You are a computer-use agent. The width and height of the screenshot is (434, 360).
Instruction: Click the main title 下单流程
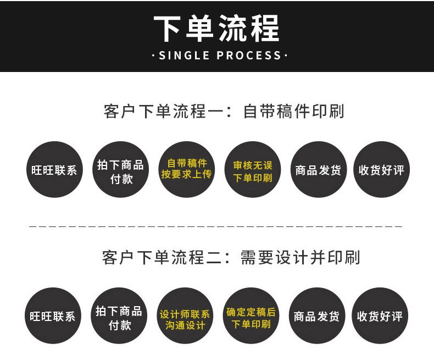tap(216, 27)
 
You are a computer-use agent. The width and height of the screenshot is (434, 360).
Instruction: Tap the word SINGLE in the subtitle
tap(184, 56)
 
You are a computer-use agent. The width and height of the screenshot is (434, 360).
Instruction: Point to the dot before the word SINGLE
tap(153, 56)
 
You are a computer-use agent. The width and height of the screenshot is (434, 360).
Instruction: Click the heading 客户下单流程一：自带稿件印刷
tap(224, 111)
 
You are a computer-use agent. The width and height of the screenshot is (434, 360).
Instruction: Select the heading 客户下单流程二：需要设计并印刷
tap(231, 257)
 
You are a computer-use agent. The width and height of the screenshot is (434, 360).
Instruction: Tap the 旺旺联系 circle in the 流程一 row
tap(54, 170)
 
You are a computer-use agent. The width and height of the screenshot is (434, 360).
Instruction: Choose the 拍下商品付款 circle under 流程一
tap(120, 170)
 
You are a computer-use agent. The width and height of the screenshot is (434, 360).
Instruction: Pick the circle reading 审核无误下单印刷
tap(252, 170)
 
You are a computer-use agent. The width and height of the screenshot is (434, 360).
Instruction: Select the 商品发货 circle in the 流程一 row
tap(318, 170)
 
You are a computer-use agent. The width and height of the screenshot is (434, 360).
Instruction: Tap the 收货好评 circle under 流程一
tap(381, 170)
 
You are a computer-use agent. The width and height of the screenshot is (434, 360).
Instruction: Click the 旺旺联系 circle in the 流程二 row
tap(53, 316)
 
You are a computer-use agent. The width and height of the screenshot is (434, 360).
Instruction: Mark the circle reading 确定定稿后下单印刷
tap(251, 316)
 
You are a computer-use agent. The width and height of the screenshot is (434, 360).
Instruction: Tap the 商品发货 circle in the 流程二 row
tap(316, 316)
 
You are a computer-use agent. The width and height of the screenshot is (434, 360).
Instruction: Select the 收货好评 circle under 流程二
tap(380, 316)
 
